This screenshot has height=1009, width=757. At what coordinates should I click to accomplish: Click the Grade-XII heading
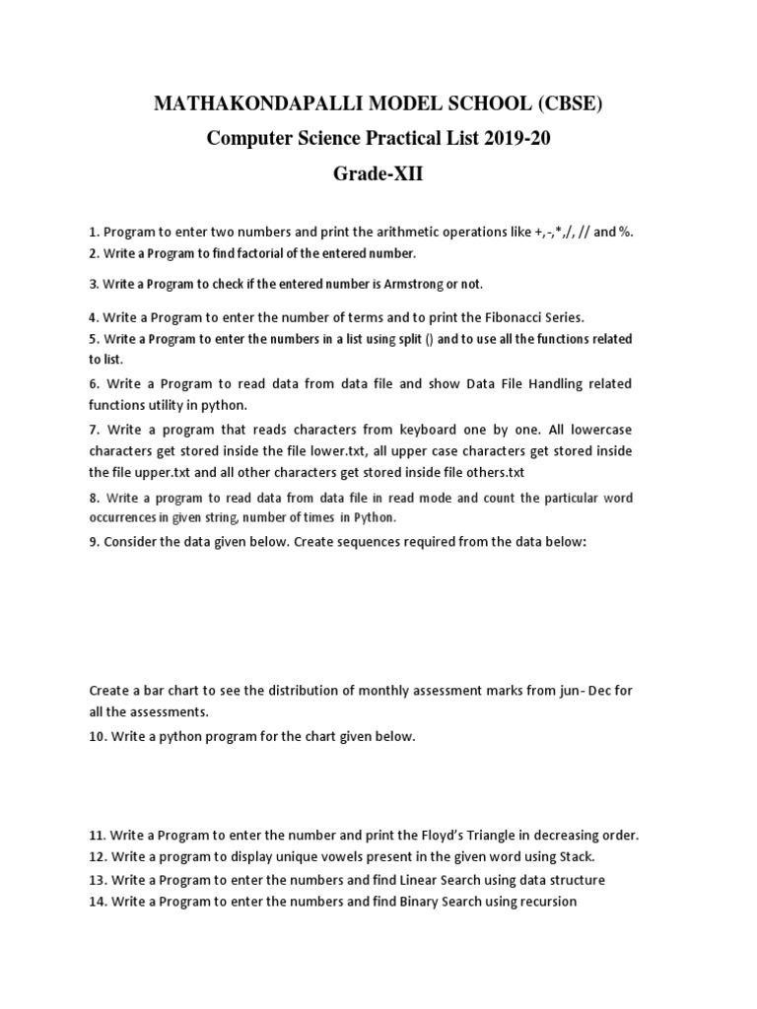378,174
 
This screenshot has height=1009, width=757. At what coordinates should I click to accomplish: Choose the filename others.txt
489,471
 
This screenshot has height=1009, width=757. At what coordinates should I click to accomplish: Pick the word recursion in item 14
545,902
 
